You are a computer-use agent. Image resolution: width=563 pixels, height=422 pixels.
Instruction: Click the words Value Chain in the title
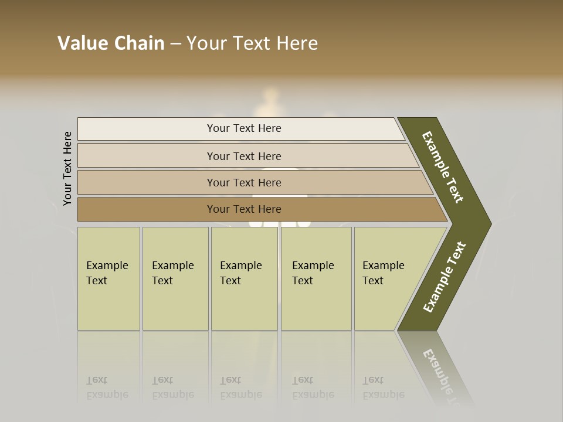click(111, 43)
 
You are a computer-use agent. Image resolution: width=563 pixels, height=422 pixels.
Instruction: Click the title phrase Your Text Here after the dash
click(252, 43)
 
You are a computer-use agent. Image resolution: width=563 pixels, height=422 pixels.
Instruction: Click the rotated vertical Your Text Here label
click(67, 168)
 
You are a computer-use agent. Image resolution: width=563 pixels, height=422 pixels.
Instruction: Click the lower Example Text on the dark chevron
click(445, 277)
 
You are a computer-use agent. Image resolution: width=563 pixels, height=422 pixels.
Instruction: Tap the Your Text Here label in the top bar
click(244, 128)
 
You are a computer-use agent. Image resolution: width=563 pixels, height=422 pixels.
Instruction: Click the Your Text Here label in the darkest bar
click(244, 209)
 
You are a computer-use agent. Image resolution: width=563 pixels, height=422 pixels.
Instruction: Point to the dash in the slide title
click(175, 44)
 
